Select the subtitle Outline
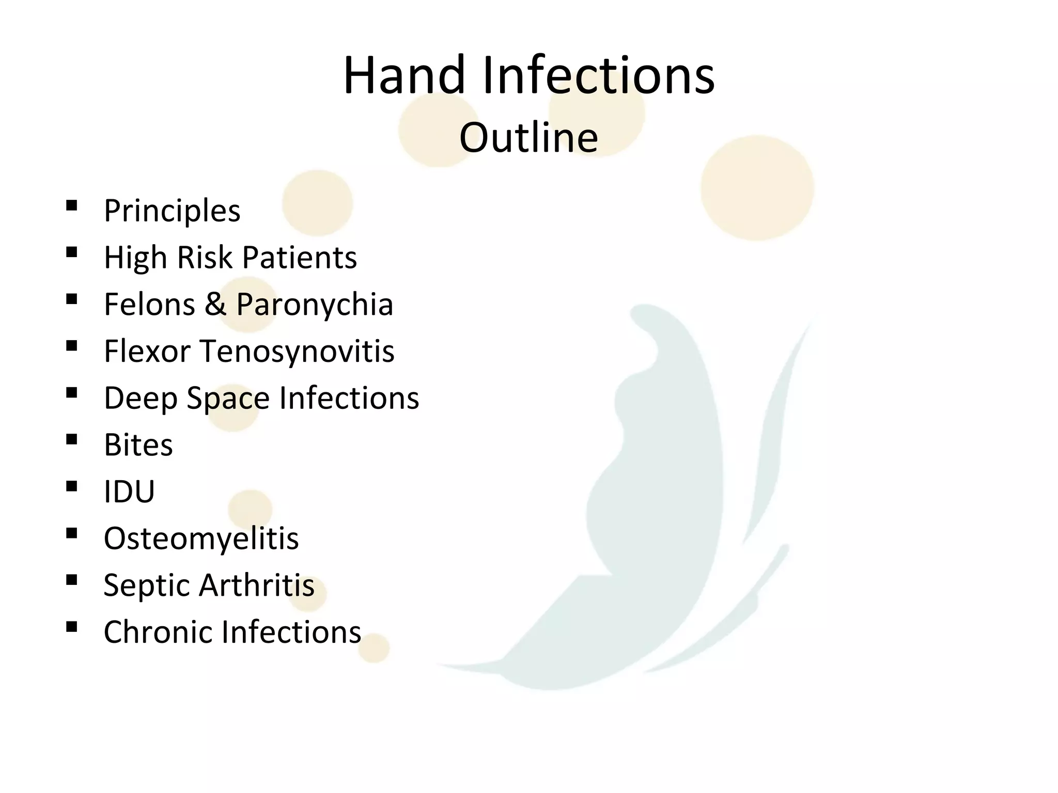[528, 138]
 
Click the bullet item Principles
[172, 211]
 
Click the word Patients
[299, 257]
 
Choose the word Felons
[149, 304]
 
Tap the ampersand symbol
[215, 304]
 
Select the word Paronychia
[315, 304]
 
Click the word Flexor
[147, 351]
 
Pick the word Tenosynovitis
[297, 351]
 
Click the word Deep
[140, 398]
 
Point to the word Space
[228, 398]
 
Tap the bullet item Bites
[138, 445]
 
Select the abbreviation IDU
[129, 491]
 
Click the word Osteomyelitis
[201, 538]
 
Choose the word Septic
[147, 585]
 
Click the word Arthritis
[257, 585]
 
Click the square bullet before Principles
[72, 206]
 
